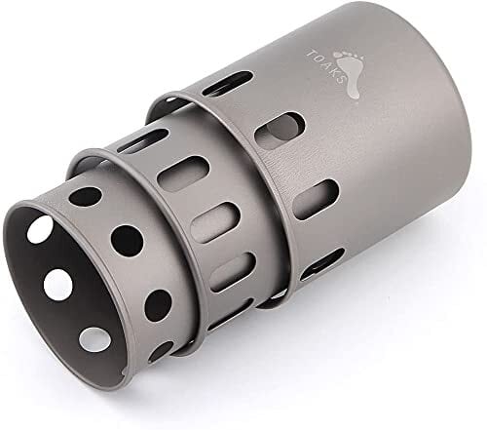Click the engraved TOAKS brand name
[x=324, y=67]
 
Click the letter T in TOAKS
[x=311, y=54]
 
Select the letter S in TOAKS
[x=339, y=80]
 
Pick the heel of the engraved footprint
[x=354, y=93]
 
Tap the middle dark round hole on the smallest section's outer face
[x=127, y=241]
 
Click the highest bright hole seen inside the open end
[x=40, y=229]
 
